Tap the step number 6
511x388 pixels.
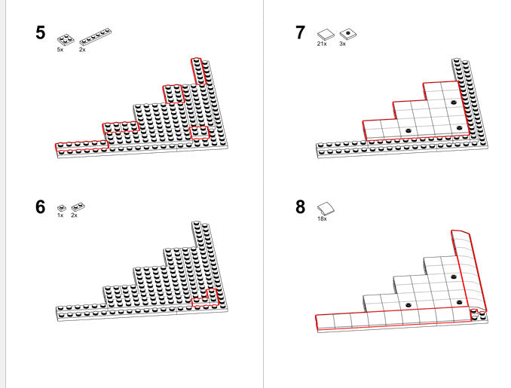[x=40, y=206]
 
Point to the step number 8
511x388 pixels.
[x=301, y=207]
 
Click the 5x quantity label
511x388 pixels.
[x=60, y=49]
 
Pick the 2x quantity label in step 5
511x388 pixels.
[x=82, y=49]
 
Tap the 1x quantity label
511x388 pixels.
[x=60, y=215]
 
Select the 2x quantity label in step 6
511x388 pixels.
[x=74, y=215]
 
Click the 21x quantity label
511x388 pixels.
[x=322, y=44]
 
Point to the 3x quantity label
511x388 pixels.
[x=343, y=44]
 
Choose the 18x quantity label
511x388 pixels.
[x=322, y=218]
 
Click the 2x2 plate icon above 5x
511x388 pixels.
[x=66, y=37]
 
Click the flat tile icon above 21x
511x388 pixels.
[x=326, y=33]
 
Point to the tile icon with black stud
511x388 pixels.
[x=347, y=33]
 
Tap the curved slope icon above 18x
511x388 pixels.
[x=326, y=208]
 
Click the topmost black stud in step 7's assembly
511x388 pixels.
[x=454, y=102]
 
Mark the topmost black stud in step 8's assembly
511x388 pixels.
[x=454, y=276]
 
